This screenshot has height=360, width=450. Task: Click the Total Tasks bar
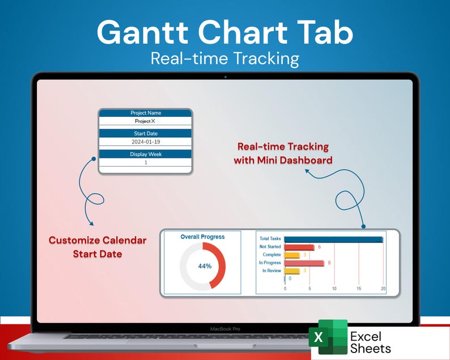pos(333,239)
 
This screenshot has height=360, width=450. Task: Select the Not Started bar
pos(299,247)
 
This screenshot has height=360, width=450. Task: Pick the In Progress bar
pos(304,263)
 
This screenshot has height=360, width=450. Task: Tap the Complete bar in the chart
pos(291,255)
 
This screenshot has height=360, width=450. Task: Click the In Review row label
pos(271,271)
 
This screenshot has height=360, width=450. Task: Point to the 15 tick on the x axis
pos(359,289)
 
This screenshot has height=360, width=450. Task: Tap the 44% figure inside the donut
pos(205,266)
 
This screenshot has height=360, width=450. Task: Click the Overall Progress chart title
pos(202,237)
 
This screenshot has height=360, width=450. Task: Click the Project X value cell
pos(145,121)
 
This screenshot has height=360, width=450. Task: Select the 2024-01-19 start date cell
pos(146,142)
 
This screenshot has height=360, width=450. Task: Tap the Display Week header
pos(146,154)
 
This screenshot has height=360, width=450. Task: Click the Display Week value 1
pos(146,162)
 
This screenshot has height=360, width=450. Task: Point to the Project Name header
pos(146,113)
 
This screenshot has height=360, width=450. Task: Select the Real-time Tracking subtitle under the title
pos(224,58)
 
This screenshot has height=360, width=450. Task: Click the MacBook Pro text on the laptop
pos(225,329)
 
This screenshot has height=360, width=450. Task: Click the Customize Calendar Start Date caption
pos(97,247)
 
